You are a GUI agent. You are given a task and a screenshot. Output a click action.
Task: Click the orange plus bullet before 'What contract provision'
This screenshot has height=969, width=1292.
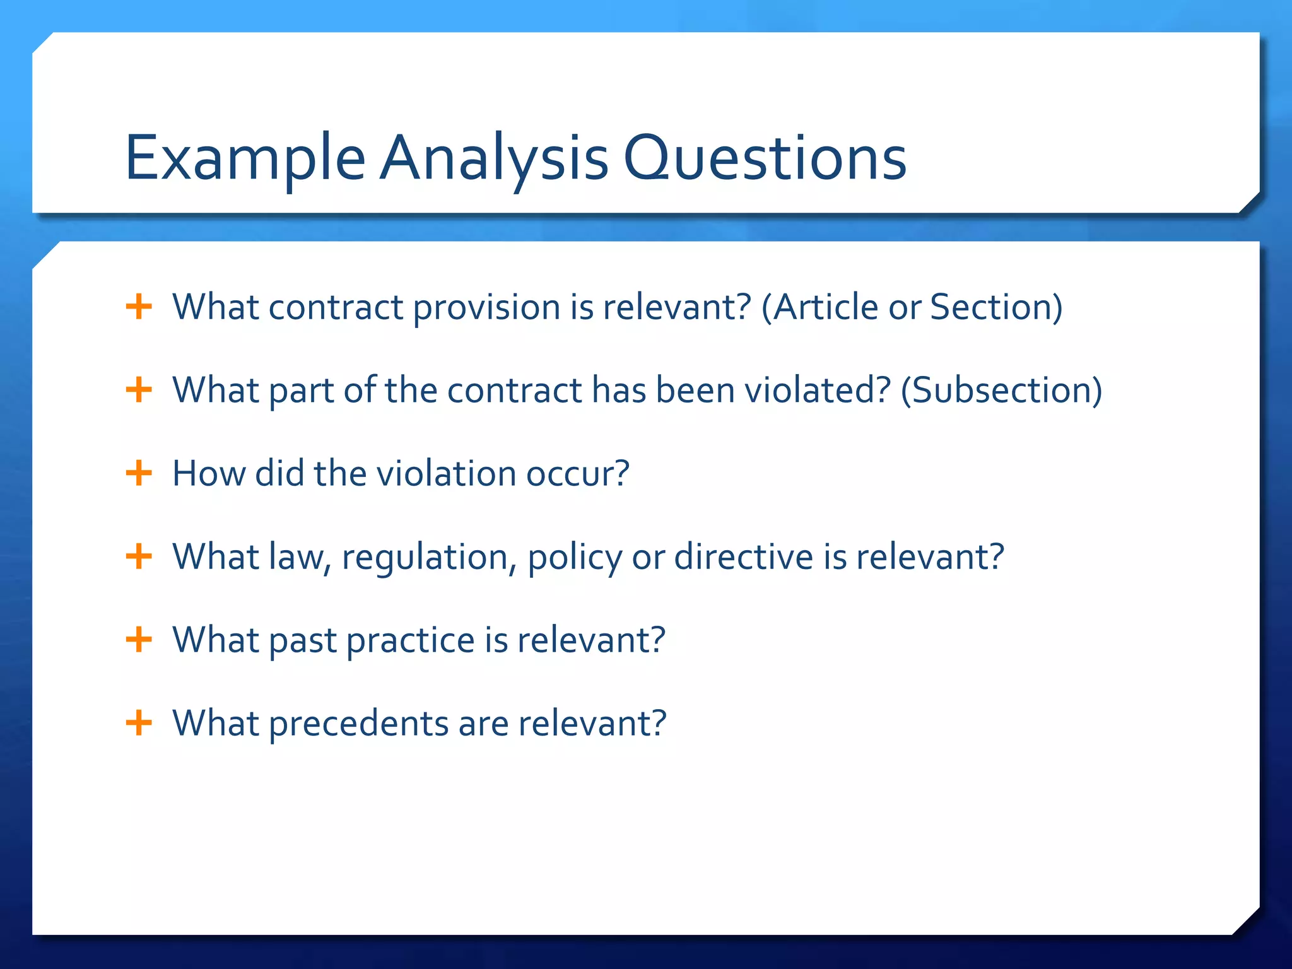pos(139,307)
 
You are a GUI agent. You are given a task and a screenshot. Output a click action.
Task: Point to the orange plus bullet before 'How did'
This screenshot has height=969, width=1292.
pos(139,473)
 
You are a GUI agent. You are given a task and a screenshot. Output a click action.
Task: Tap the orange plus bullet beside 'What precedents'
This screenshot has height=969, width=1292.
pos(139,723)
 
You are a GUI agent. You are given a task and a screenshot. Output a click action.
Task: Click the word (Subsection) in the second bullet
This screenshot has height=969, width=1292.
pos(1001,390)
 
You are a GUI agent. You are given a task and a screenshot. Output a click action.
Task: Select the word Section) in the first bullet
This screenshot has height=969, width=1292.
pos(996,307)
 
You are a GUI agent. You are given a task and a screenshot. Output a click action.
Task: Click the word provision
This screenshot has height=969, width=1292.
pos(486,307)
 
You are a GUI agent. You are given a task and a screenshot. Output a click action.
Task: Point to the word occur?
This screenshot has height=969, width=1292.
pos(577,473)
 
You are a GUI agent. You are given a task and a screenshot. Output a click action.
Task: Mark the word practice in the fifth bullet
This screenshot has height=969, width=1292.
pos(410,640)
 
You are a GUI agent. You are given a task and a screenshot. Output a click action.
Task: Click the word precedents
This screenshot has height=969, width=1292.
pos(358,723)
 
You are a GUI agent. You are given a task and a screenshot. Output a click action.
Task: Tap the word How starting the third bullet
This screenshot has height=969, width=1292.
pos(208,473)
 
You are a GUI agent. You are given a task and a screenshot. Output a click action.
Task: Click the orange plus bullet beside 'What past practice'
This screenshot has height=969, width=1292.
pos(139,640)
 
